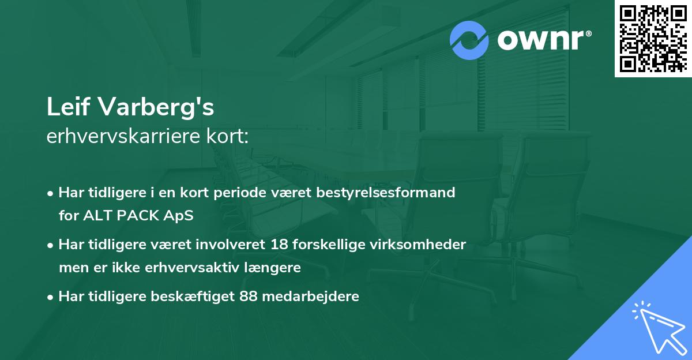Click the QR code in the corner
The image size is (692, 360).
coord(653,38)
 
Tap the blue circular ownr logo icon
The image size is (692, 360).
coord(469,40)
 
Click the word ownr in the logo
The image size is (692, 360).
coord(540,40)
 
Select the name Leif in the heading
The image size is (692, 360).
coord(68,107)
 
